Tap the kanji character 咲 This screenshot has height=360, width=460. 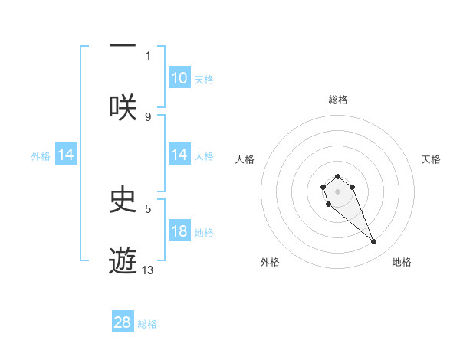point(123,106)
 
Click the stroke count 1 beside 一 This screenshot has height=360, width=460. point(148,55)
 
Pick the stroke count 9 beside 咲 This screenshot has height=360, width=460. point(148,116)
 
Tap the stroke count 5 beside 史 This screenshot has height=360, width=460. point(148,208)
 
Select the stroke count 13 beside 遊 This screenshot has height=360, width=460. point(148,270)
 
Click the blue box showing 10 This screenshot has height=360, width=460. point(179,78)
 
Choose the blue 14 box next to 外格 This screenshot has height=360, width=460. point(66,155)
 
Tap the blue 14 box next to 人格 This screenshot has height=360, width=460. point(179,155)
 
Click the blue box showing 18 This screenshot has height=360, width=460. point(179,232)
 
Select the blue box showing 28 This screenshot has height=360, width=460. point(123,322)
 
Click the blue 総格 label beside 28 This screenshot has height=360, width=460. point(147,324)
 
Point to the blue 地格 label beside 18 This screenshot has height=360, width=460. point(204,233)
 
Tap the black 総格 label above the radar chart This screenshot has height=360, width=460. point(337,100)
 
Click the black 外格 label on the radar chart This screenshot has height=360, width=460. point(270,262)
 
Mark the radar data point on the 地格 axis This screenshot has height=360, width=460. point(374,242)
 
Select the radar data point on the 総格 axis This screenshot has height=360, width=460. point(337,177)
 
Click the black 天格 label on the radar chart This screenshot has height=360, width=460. point(431,159)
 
